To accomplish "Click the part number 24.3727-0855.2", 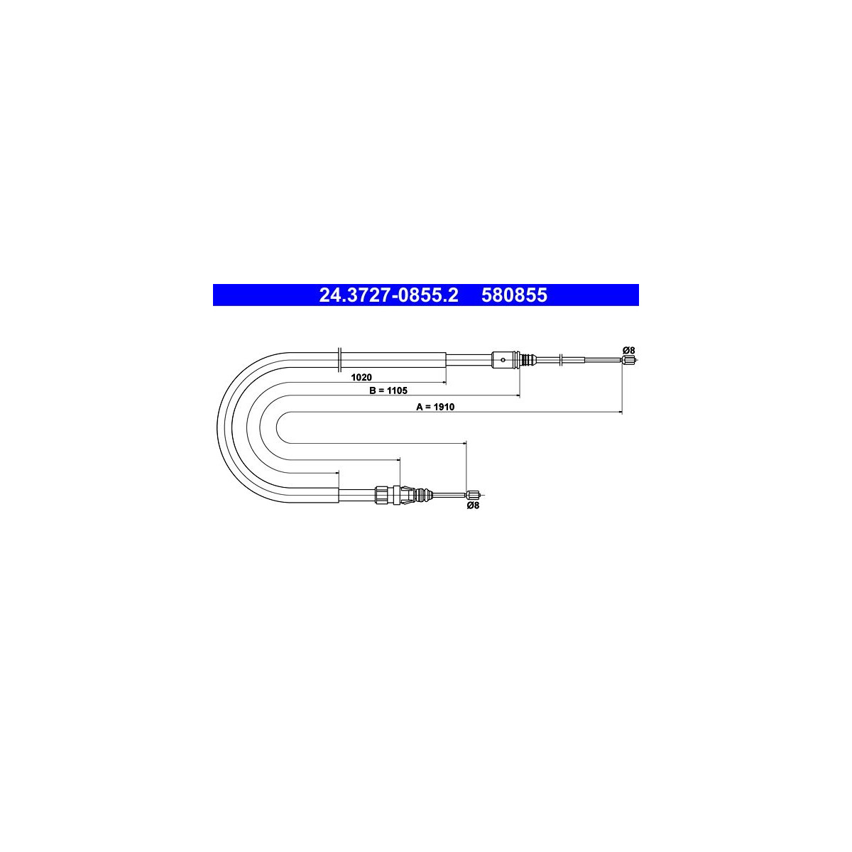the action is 388,295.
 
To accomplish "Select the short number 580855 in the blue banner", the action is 514,295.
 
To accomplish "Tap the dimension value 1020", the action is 361,377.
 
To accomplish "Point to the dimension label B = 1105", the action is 388,390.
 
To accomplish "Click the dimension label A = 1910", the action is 435,407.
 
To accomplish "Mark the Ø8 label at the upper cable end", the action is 629,350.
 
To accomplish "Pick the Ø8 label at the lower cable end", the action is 473,505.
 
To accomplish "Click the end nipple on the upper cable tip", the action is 628,360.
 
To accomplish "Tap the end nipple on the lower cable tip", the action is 473,495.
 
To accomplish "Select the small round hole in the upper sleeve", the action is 502,359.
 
